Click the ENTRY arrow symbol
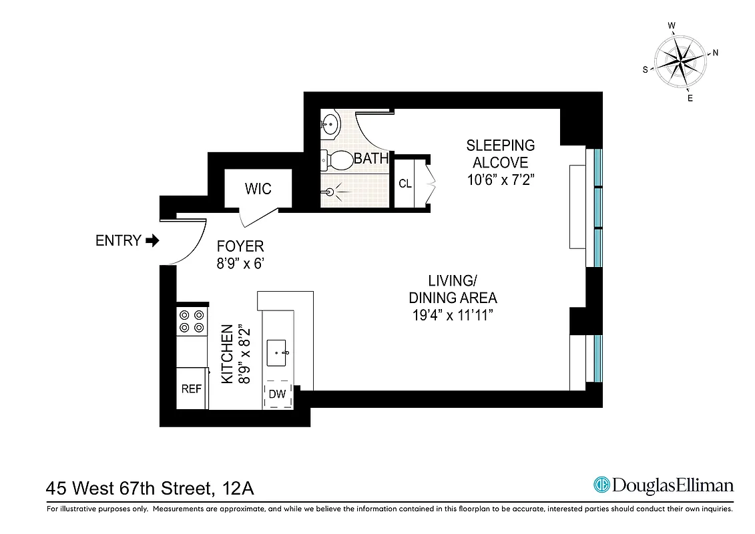(152, 241)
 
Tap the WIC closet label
(258, 189)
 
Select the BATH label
(370, 159)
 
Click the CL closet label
(405, 184)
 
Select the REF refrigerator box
(192, 388)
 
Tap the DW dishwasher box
(277, 394)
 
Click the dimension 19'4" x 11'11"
(453, 316)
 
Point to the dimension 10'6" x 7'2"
(501, 180)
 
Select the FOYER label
(240, 246)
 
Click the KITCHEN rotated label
(228, 354)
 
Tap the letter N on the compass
(716, 53)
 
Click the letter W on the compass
(672, 26)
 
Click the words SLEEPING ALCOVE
(501, 154)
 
